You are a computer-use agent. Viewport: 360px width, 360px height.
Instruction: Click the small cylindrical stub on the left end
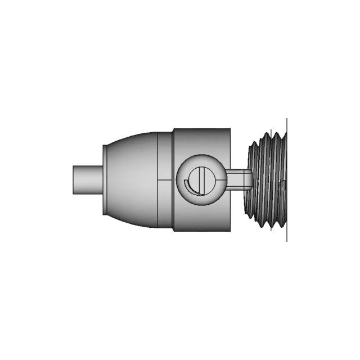coord(87,180)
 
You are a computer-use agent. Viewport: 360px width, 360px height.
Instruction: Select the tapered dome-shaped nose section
coord(132,180)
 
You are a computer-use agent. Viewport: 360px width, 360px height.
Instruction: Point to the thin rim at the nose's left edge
coord(104,180)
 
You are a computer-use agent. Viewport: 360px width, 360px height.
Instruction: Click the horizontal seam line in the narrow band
coord(165,180)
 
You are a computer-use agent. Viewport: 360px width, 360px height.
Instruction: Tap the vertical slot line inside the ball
coord(197,181)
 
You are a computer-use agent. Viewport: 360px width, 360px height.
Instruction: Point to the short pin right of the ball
coord(239,180)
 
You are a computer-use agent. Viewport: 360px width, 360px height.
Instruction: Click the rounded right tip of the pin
coord(250,180)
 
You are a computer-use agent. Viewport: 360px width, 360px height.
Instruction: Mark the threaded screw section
coord(268,180)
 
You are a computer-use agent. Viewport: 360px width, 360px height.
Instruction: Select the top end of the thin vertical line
coord(287,119)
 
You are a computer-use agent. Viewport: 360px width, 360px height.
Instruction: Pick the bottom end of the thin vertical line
coord(287,241)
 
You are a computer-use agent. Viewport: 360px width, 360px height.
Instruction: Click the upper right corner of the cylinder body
coord(230,130)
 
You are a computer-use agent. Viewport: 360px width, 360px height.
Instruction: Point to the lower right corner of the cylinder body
coord(230,231)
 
